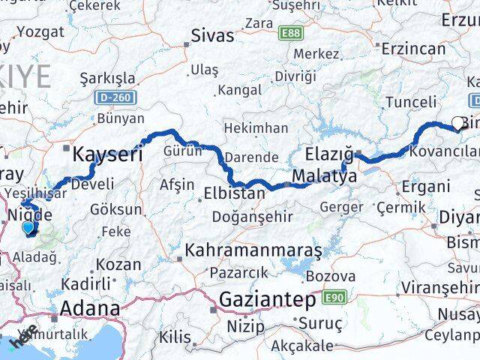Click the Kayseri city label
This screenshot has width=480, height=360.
point(107,155)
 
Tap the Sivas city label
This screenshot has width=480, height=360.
point(213,34)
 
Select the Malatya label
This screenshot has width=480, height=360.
point(324,177)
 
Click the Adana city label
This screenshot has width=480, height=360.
point(89,307)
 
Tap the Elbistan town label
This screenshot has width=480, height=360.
point(234,194)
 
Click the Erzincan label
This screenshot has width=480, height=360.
point(413,49)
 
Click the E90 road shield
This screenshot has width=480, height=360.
point(334,298)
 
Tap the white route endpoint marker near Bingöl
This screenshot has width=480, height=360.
point(457,124)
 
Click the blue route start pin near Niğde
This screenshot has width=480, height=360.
point(28,228)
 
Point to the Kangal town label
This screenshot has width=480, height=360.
point(238,89)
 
